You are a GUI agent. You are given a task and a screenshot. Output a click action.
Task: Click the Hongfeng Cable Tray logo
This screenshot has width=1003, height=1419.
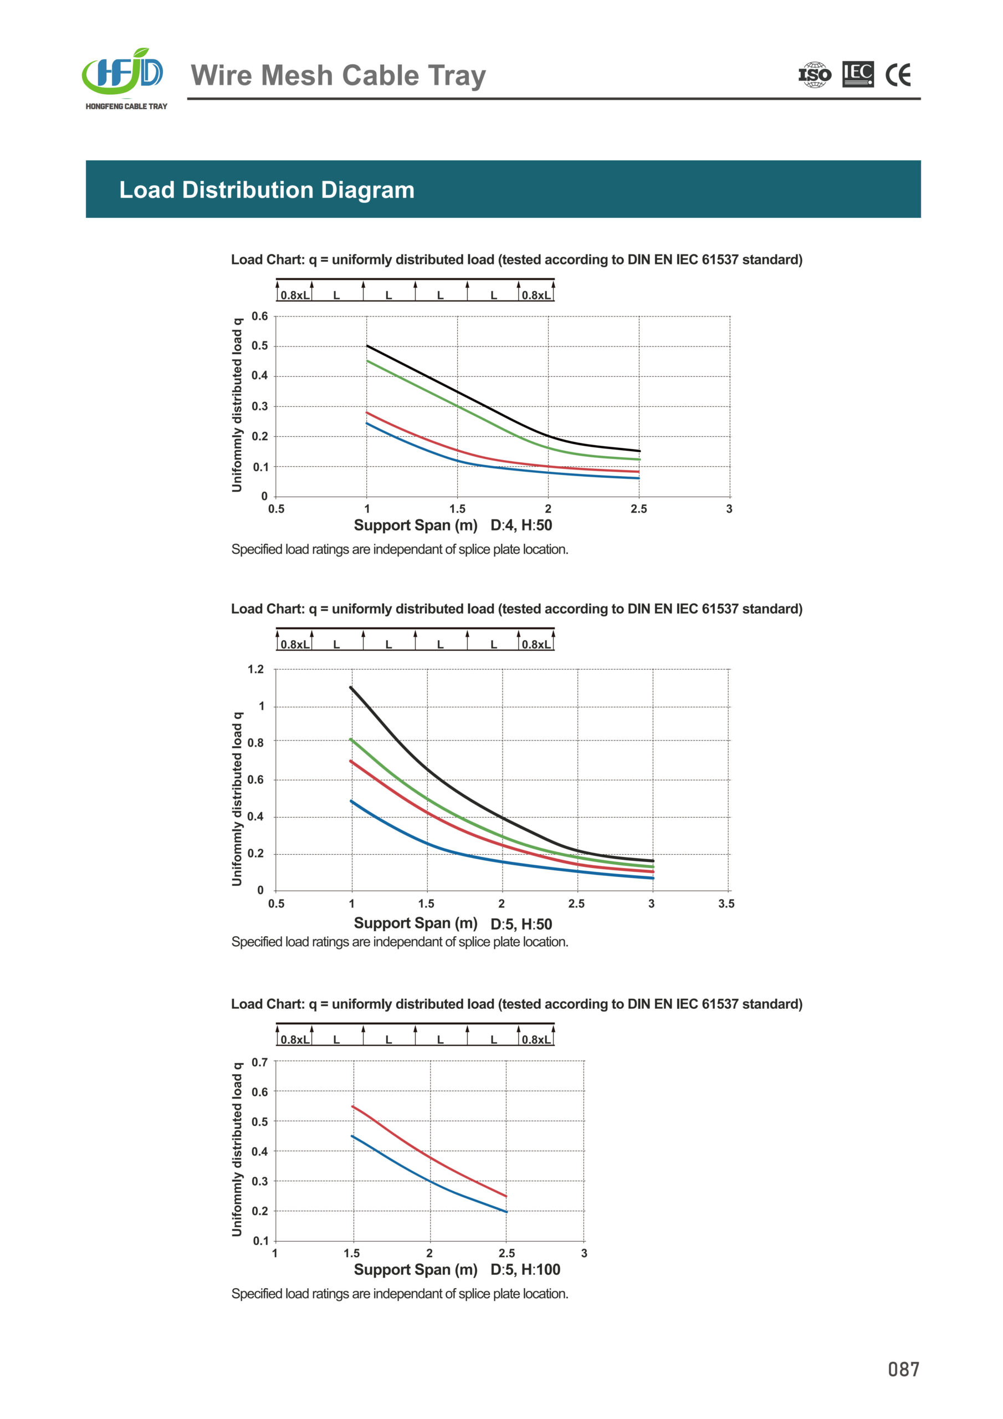(x=125, y=78)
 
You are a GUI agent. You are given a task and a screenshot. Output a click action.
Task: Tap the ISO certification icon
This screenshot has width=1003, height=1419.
(x=815, y=75)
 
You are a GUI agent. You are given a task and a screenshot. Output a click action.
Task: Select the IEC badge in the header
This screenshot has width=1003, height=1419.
(x=858, y=74)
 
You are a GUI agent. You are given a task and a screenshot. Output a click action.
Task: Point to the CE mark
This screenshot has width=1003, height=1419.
(x=898, y=75)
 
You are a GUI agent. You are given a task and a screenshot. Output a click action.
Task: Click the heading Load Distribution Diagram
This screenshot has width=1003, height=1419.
(x=267, y=190)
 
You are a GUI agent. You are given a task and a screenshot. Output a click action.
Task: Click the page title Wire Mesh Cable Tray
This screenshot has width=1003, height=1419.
(x=338, y=75)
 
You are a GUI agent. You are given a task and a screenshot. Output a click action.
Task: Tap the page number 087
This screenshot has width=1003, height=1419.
(x=903, y=1370)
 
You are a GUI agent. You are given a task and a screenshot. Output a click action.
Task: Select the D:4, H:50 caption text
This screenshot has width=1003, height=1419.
(x=521, y=525)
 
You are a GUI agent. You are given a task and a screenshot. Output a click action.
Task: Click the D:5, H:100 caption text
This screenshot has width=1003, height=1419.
(x=525, y=1269)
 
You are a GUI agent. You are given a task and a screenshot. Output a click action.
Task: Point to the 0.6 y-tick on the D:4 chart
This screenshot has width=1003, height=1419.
(x=259, y=317)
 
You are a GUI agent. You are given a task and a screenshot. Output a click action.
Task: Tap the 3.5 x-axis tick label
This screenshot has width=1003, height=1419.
(x=726, y=904)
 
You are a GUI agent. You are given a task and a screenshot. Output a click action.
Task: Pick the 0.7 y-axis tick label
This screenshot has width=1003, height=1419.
(x=259, y=1063)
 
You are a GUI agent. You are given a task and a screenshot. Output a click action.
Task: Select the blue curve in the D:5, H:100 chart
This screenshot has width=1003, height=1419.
(x=429, y=1181)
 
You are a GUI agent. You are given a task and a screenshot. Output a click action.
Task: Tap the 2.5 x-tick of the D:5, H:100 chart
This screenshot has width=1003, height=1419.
(x=506, y=1253)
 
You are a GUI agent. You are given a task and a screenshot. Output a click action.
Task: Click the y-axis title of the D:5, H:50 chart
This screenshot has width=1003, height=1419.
(x=237, y=799)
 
